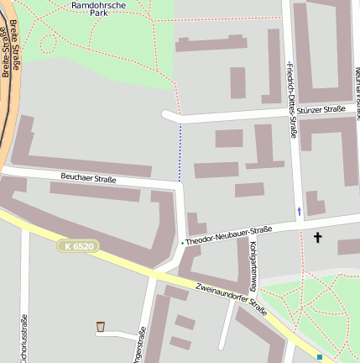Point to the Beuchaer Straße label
88,178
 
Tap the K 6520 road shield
79,246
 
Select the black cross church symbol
317,238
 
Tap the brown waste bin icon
101,326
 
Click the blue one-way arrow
299,210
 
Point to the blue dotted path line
180,151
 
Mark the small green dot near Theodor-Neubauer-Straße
182,243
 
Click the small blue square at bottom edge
320,357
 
